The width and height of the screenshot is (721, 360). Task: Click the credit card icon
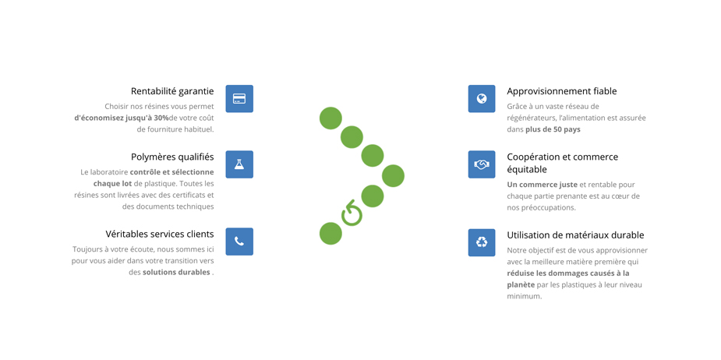239,98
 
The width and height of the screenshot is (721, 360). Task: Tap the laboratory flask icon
239,164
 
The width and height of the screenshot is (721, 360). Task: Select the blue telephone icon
239,242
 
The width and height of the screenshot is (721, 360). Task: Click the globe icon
482,98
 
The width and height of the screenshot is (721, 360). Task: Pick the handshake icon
482,164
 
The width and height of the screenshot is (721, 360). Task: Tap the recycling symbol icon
482,242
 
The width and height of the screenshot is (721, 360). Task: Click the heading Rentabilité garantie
172,91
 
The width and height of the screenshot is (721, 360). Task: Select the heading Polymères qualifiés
172,157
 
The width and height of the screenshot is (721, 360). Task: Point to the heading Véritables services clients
160,234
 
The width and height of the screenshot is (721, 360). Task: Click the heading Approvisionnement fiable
562,91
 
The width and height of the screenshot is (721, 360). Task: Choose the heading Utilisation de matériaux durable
575,235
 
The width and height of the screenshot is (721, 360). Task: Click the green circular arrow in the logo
352,213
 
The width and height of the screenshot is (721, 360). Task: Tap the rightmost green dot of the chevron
393,175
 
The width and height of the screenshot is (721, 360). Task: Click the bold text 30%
161,118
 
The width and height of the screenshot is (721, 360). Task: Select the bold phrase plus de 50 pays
553,129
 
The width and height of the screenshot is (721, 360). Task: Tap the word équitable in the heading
527,170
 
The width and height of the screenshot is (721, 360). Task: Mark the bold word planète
521,285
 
